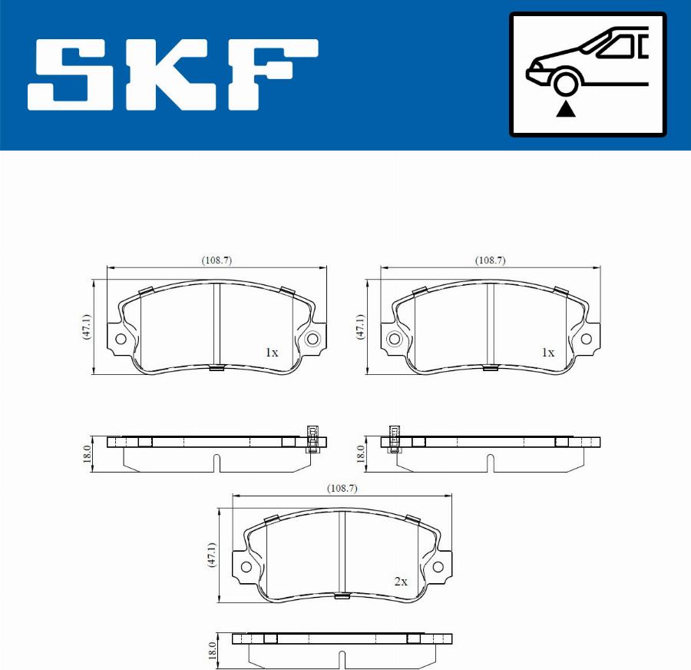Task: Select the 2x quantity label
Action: [400, 582]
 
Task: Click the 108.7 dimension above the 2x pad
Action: [342, 488]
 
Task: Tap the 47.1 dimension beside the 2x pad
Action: [213, 555]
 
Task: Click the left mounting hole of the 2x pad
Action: [246, 567]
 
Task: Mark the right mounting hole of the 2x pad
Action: [438, 567]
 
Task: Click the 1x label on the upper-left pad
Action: [271, 353]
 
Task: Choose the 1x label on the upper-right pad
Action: [547, 353]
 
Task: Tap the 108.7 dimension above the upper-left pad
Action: [217, 260]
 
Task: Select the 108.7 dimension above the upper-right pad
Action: [490, 260]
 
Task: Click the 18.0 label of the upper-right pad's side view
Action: [361, 452]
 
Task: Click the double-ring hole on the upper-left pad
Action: [312, 340]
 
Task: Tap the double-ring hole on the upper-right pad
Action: [395, 340]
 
